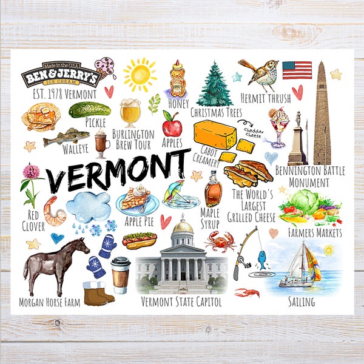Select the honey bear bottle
tap(177, 79)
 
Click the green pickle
tap(89, 109)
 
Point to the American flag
tap(297, 70)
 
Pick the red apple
tap(172, 126)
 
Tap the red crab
tap(219, 241)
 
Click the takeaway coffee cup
tap(120, 275)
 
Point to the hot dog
tap(139, 240)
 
